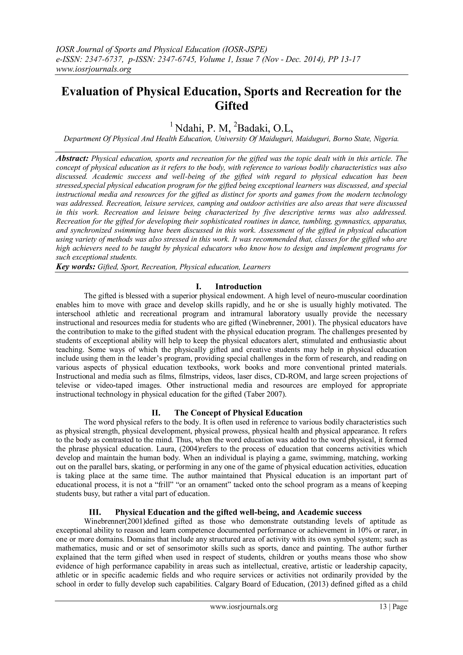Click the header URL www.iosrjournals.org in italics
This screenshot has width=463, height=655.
click(93, 69)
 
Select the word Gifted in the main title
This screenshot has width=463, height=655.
click(231, 106)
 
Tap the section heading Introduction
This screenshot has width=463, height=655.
click(238, 286)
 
